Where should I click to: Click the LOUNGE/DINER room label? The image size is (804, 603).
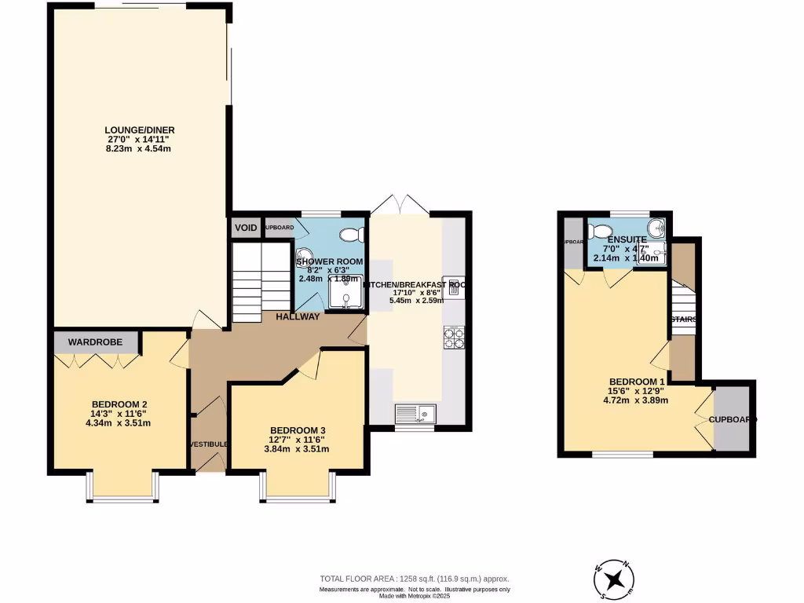tap(141, 130)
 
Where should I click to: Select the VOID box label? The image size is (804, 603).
tap(247, 228)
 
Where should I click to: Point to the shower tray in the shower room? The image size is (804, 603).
tap(345, 294)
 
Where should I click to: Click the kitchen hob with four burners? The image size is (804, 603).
tap(454, 337)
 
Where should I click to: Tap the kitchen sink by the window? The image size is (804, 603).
tap(415, 412)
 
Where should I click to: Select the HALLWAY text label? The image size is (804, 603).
tap(298, 317)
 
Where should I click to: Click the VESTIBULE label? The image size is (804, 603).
tap(209, 444)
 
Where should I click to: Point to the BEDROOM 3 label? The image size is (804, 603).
tap(298, 430)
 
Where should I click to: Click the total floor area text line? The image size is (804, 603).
tap(414, 578)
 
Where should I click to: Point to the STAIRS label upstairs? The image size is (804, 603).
tap(684, 320)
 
